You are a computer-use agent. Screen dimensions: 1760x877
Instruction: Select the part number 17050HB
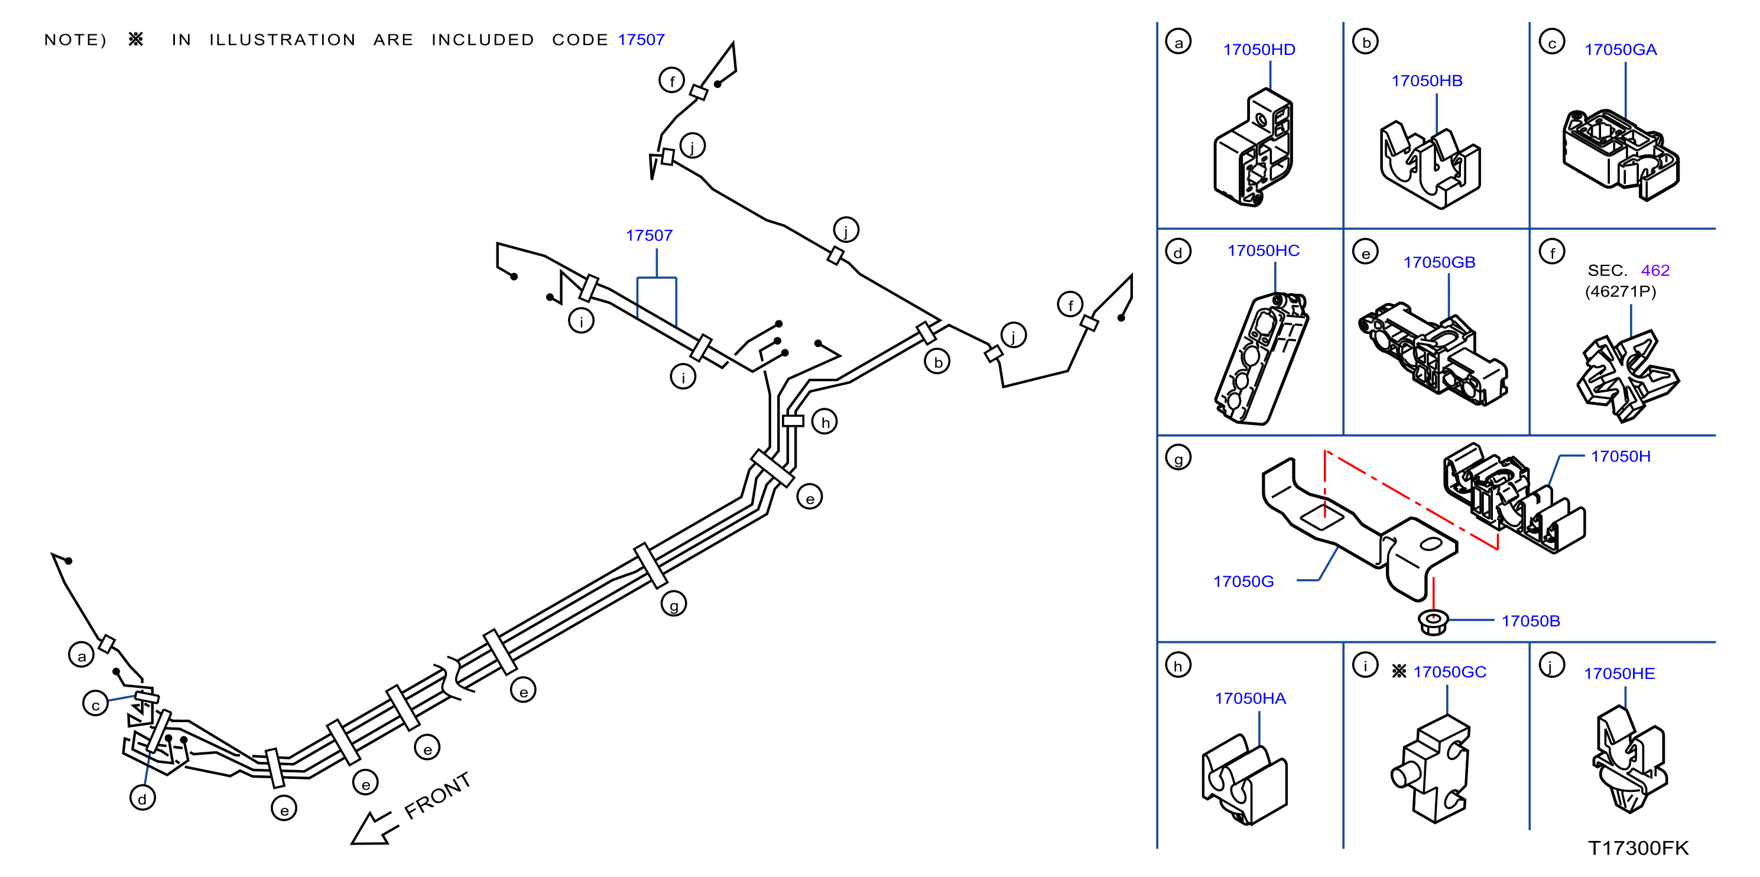tap(1427, 80)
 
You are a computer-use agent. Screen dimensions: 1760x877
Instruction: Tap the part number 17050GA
tap(1620, 50)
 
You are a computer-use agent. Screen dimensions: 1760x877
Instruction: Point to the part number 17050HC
tap(1264, 251)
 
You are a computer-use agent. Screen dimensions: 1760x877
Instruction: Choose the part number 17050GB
tap(1439, 262)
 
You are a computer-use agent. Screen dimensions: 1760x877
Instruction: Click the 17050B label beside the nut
tap(1531, 621)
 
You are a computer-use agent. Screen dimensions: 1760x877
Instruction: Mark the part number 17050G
tap(1243, 582)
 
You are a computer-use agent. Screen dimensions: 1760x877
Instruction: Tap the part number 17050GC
tap(1449, 671)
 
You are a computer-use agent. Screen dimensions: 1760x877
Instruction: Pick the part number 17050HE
tap(1619, 674)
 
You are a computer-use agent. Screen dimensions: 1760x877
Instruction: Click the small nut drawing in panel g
tap(1433, 622)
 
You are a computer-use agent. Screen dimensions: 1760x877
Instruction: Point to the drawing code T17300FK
tap(1638, 847)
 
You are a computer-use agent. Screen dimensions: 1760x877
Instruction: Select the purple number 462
tap(1655, 271)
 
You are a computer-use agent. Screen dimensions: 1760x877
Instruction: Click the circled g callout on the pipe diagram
tap(674, 604)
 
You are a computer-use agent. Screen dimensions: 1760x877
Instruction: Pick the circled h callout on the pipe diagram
tap(824, 421)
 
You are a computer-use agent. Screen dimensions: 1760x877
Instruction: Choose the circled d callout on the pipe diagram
tap(142, 797)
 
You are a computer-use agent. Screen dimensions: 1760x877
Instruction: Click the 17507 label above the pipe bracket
tap(649, 236)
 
